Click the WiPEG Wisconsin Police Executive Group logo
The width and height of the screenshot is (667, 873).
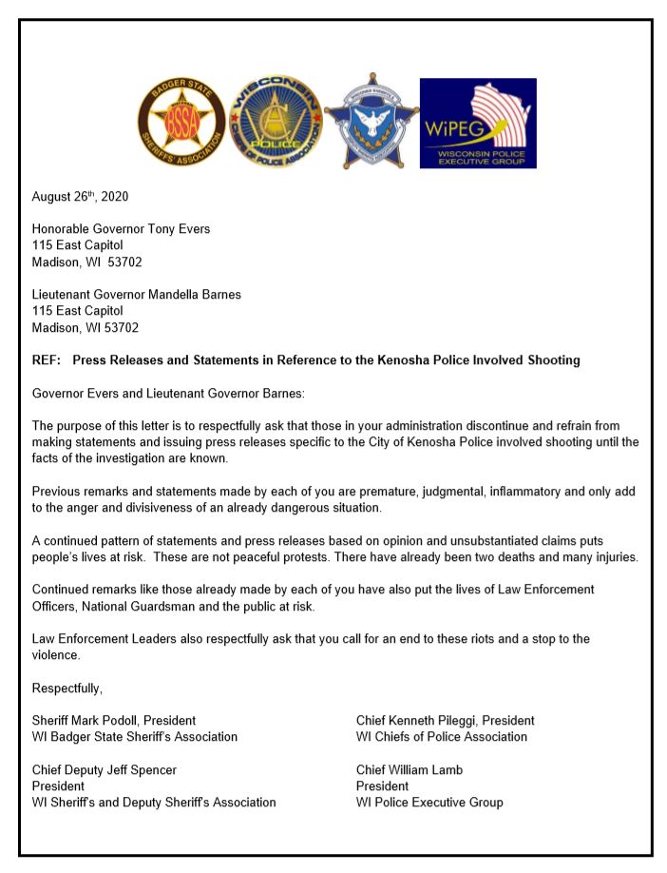coord(478,124)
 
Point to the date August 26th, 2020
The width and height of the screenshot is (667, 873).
coord(80,197)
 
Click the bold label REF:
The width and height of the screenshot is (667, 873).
coord(46,360)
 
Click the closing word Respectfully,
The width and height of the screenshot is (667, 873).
coord(67,688)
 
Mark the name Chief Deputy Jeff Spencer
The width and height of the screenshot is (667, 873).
coord(105,769)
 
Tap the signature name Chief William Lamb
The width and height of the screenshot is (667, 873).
coord(410,769)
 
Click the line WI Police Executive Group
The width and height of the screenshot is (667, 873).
coord(429,802)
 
